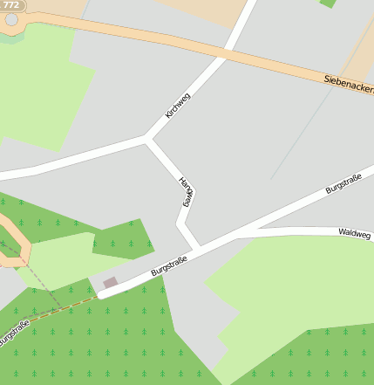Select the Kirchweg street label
click(x=177, y=106)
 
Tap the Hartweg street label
click(x=186, y=191)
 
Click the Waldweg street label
click(x=354, y=233)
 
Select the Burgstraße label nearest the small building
click(x=169, y=261)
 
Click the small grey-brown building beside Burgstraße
click(x=110, y=283)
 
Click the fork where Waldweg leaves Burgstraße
click(x=237, y=232)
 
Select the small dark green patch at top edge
click(x=328, y=3)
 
